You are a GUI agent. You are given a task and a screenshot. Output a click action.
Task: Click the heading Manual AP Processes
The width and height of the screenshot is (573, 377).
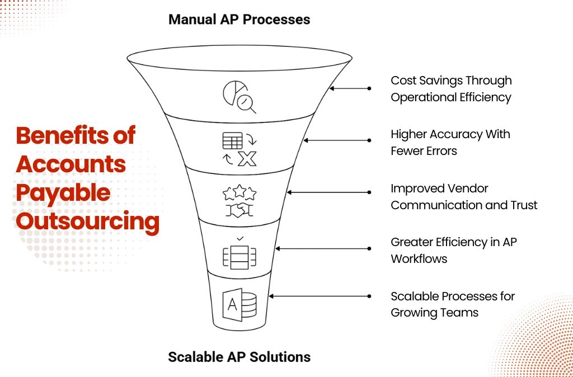click(239, 20)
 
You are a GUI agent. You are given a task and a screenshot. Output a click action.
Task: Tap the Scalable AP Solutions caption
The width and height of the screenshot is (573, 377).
click(239, 357)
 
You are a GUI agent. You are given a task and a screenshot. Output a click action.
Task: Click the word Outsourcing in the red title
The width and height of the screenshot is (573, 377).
click(88, 222)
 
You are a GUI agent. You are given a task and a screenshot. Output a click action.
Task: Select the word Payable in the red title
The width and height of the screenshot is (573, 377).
click(63, 193)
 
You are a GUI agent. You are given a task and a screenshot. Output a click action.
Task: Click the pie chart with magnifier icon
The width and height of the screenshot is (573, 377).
click(239, 97)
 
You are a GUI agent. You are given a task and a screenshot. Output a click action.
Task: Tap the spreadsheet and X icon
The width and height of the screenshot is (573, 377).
click(239, 149)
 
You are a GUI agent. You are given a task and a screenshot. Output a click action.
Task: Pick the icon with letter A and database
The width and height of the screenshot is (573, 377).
click(239, 305)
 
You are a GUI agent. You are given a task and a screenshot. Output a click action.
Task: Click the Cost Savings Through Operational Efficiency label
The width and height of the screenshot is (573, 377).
click(452, 89)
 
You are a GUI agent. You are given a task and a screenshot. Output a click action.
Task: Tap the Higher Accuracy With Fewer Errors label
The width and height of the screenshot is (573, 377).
click(450, 143)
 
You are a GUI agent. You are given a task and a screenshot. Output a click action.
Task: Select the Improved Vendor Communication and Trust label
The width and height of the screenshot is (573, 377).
click(464, 196)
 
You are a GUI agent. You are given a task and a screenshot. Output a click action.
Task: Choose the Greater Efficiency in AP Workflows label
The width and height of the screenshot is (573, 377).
click(453, 250)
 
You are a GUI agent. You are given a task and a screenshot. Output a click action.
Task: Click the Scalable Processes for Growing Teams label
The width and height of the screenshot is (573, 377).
click(453, 304)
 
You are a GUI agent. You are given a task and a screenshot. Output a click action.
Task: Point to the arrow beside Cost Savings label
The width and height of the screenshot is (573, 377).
click(350, 88)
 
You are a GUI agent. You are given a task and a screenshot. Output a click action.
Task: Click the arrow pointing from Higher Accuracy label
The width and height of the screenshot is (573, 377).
click(337, 140)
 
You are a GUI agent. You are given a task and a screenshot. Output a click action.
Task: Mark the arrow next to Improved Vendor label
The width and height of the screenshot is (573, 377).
click(329, 192)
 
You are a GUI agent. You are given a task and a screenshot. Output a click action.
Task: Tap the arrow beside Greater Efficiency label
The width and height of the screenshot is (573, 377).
click(323, 248)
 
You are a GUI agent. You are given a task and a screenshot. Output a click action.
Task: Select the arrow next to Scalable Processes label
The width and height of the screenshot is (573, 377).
click(320, 296)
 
